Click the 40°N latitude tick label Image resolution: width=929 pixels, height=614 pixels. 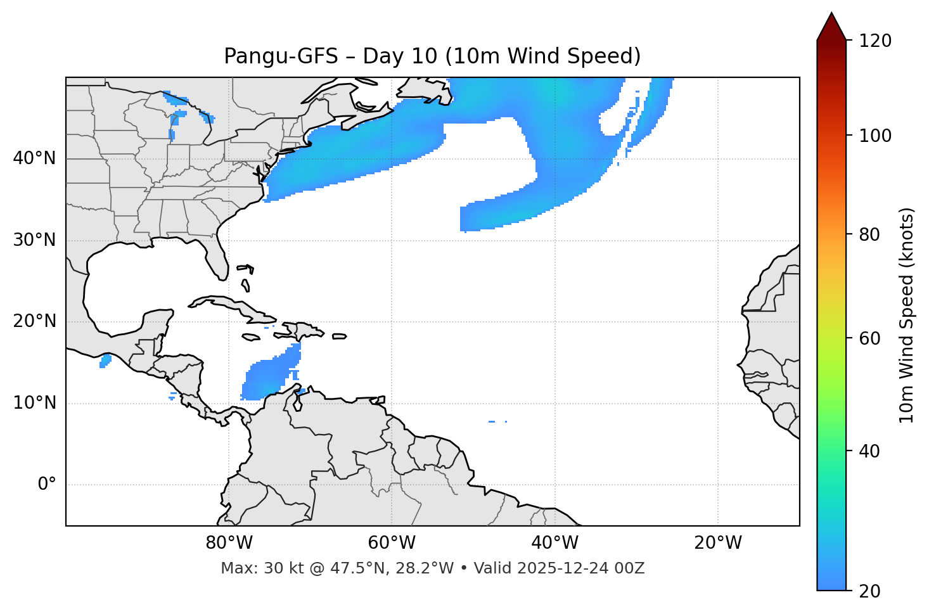click(34, 158)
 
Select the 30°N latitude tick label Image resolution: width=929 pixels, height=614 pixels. click(34, 240)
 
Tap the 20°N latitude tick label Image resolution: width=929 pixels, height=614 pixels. click(34, 321)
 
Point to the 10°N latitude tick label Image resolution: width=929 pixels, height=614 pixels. click(34, 403)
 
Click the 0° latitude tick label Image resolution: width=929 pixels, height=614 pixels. click(47, 485)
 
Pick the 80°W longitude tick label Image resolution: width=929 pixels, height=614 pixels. click(229, 543)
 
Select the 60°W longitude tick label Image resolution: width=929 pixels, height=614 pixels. click(392, 543)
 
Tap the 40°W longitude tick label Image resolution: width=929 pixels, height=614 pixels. click(555, 543)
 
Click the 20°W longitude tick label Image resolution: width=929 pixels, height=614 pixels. click(718, 543)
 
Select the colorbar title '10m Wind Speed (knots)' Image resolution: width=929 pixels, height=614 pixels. click(907, 315)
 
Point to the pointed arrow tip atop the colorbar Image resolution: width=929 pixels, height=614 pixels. click(831, 15)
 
